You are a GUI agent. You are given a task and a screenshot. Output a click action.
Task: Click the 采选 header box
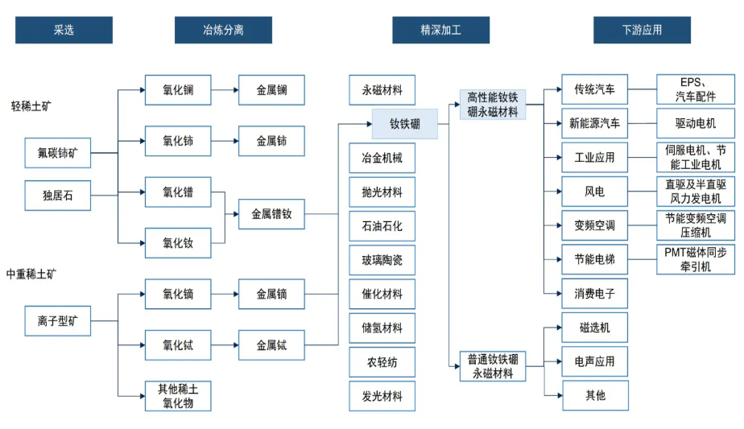coord(64,30)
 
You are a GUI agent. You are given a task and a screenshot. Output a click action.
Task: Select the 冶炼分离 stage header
coord(223,30)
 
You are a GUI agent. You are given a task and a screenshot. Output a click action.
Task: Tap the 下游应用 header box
coord(642,30)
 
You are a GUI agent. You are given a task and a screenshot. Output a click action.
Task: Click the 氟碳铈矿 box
coord(57,153)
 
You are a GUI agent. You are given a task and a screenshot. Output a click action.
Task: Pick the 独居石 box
coord(57,195)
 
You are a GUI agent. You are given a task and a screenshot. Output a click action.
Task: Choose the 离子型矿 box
coord(57,321)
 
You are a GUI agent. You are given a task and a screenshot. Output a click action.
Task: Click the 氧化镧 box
coord(178,89)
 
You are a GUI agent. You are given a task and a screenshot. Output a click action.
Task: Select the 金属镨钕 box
coord(271,214)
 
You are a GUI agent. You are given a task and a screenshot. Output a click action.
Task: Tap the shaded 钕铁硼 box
coord(405,124)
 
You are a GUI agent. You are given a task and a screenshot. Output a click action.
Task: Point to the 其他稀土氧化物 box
coord(178,396)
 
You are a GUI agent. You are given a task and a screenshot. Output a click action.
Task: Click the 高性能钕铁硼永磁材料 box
coord(493,105)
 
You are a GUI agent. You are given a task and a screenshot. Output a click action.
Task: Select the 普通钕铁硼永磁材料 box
coord(493,366)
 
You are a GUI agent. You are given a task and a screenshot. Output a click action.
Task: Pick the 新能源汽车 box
coord(594,123)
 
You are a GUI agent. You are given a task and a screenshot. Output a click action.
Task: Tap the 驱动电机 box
coord(696,123)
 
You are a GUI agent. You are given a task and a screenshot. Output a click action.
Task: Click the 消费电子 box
coord(594,294)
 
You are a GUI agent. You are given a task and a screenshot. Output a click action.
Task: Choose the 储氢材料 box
coord(382,328)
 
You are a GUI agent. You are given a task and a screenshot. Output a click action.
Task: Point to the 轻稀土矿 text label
coord(31,105)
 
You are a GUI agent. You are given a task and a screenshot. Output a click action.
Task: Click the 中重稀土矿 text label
coord(31,274)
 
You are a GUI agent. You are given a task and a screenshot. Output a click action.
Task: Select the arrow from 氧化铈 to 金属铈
coord(225,141)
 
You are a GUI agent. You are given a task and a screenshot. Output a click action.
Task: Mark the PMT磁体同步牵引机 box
coord(696,260)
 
